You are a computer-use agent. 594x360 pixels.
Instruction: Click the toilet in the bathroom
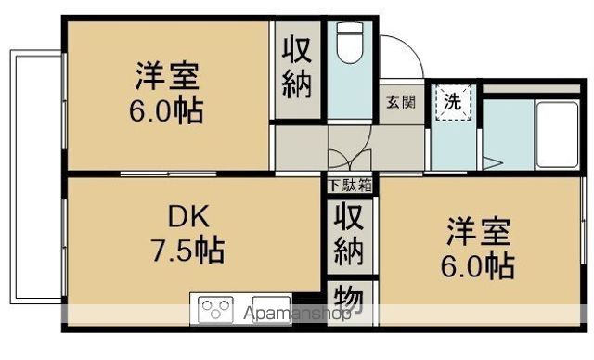(x=350, y=43)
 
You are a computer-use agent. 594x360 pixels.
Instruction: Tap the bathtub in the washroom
(x=557, y=135)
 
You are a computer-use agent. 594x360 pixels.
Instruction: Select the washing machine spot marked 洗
(x=453, y=102)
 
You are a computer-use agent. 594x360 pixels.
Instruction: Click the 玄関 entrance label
(x=401, y=102)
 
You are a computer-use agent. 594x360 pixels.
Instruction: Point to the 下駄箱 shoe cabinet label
(x=350, y=186)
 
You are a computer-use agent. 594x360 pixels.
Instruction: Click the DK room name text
(x=188, y=217)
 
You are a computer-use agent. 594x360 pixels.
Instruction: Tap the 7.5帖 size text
(x=187, y=250)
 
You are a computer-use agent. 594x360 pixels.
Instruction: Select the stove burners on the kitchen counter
(x=215, y=309)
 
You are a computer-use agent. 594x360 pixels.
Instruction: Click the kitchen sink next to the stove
(x=271, y=309)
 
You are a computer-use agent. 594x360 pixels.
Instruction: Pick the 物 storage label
(x=349, y=299)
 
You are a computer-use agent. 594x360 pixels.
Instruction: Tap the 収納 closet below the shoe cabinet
(x=349, y=234)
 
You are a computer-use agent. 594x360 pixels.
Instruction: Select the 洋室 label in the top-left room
(x=167, y=76)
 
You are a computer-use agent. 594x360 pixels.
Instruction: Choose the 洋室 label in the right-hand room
(x=479, y=232)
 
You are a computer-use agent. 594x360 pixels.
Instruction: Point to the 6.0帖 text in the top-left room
(x=166, y=110)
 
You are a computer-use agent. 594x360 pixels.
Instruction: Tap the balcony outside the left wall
(x=36, y=177)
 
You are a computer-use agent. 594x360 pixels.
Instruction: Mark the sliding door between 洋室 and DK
(x=169, y=174)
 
